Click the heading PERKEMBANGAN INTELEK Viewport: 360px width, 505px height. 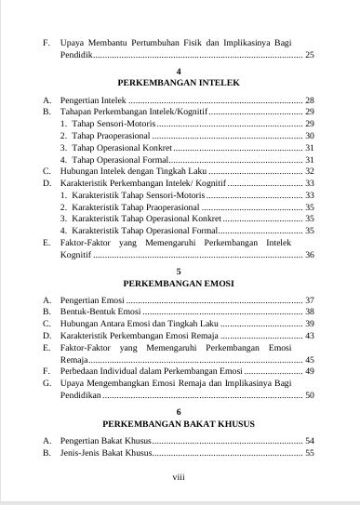tap(180, 82)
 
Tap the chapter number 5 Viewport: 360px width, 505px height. tap(180, 270)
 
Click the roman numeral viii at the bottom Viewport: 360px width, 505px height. tap(180, 478)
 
